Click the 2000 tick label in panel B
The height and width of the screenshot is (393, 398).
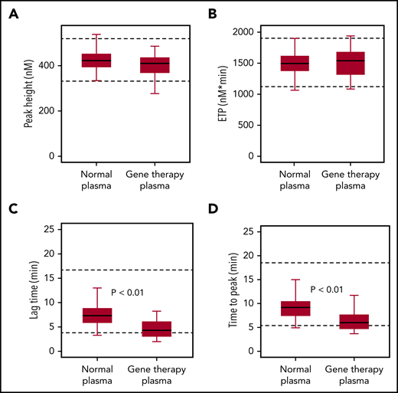(244, 31)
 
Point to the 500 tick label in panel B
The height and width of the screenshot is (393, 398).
(247, 125)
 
